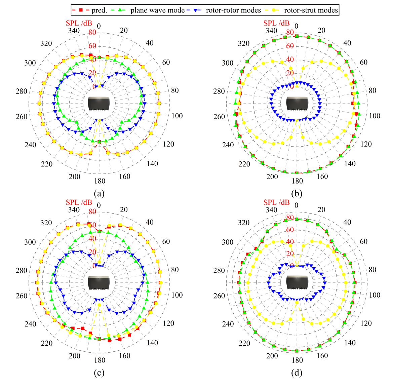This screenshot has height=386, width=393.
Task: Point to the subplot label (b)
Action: [297, 194]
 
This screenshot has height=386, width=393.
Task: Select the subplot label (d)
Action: [297, 373]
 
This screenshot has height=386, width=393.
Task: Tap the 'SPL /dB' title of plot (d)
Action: [276, 202]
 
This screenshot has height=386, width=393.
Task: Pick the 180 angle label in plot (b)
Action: [297, 181]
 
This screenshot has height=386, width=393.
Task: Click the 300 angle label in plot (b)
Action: [228, 63]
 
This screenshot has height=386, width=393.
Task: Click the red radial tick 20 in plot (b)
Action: [290, 73]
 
